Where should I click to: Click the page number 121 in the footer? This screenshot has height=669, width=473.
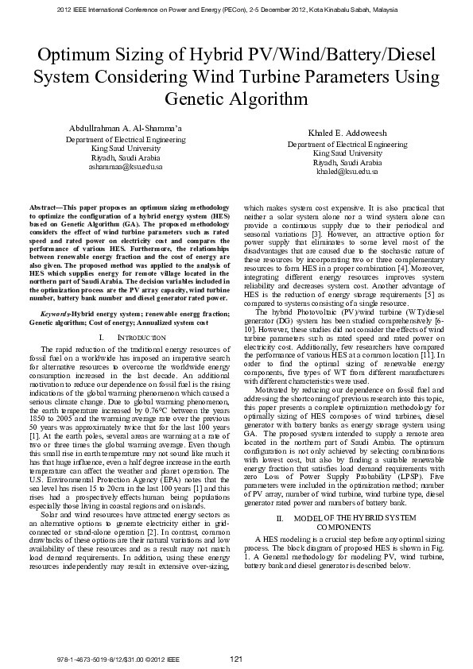tap(235, 659)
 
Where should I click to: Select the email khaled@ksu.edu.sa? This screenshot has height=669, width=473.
tap(347, 172)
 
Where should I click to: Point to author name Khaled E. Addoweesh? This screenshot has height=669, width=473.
tap(347, 133)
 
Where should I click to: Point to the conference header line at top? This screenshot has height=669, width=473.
tap(236, 10)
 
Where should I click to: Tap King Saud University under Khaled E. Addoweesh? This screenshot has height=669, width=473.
tap(347, 153)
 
